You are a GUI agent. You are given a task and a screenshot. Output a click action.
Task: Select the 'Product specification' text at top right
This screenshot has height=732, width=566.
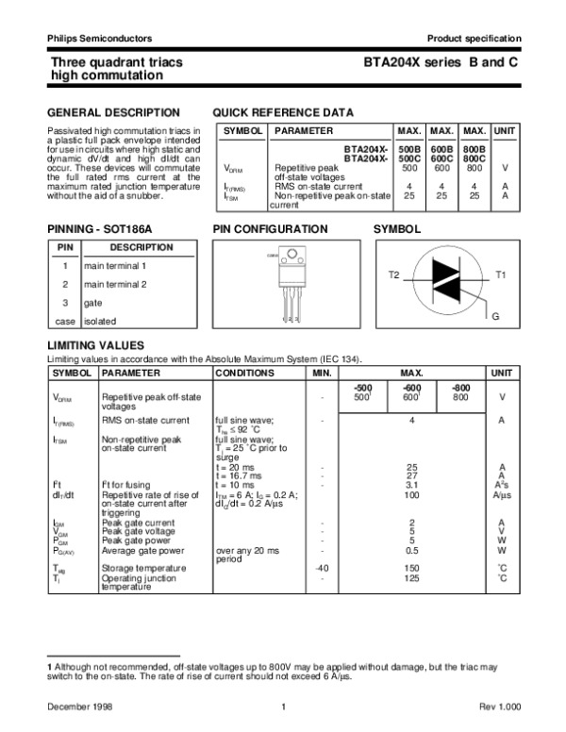(x=474, y=38)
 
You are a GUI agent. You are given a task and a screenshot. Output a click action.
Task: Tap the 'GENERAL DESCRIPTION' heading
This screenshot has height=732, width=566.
(x=100, y=111)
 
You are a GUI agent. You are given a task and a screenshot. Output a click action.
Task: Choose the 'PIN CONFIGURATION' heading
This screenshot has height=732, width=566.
(x=270, y=229)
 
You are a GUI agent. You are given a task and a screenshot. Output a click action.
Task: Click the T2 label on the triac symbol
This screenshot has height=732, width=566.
(x=394, y=274)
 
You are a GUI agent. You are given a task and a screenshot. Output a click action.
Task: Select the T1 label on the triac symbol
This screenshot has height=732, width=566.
(x=501, y=274)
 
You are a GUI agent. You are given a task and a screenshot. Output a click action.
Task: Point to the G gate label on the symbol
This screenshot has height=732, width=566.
(x=494, y=314)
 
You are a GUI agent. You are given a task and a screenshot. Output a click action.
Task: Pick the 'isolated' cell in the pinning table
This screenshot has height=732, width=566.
(x=101, y=321)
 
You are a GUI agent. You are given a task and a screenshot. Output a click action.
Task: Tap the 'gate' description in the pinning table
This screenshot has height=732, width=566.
(x=93, y=303)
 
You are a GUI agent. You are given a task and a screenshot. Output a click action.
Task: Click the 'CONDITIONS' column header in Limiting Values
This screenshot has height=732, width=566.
(x=243, y=374)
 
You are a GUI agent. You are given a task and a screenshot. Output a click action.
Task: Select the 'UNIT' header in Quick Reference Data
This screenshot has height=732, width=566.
(x=506, y=129)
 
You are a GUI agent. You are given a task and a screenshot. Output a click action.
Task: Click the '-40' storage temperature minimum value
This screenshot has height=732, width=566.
(x=323, y=568)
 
